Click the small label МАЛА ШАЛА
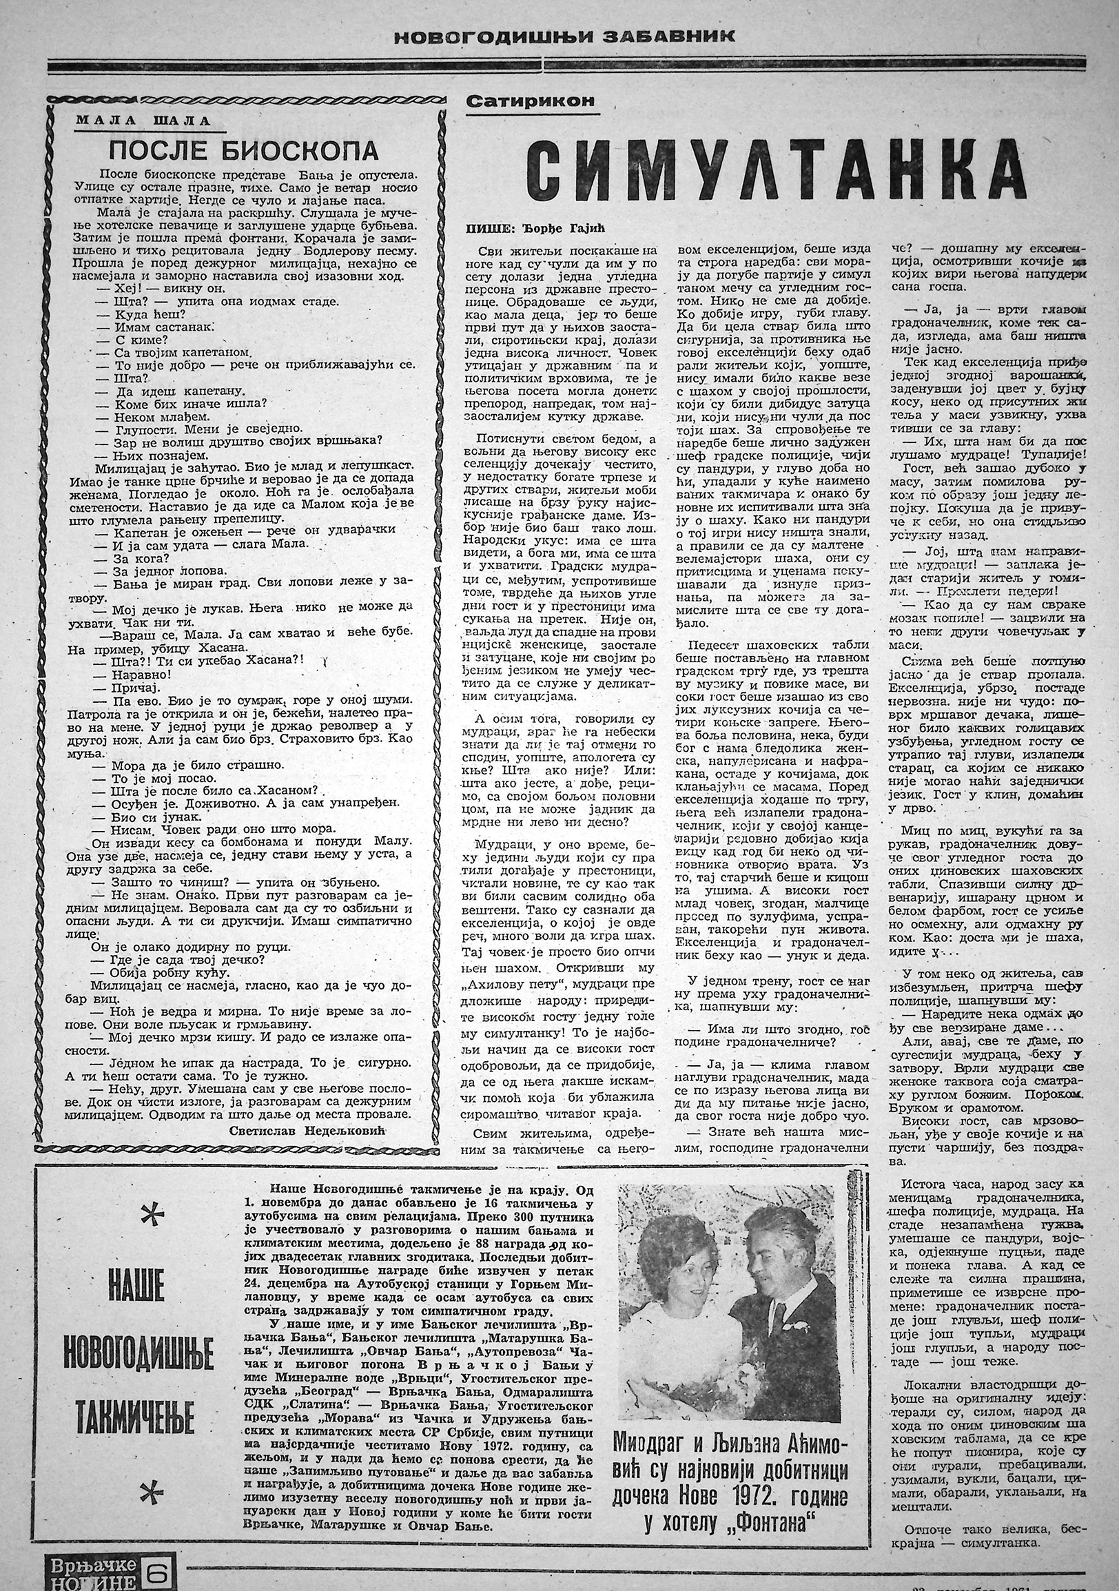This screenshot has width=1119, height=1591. [142, 121]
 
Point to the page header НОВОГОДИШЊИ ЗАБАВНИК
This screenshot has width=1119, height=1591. [564, 37]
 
